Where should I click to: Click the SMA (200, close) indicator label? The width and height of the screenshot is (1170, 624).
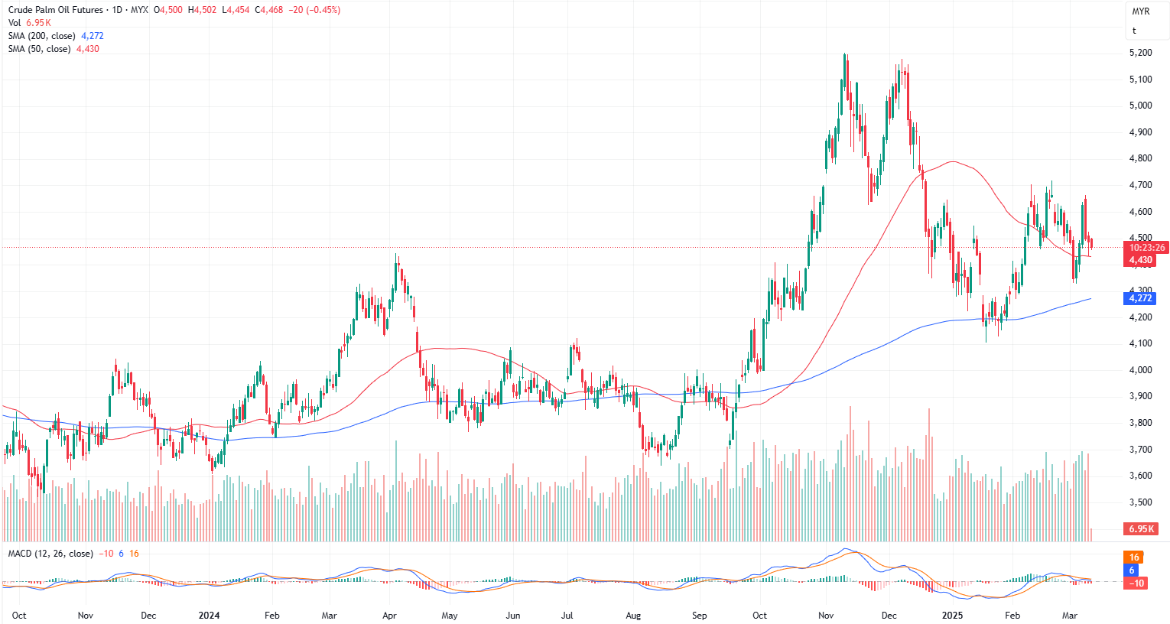pos(41,36)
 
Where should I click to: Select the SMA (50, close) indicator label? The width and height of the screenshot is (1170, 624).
pos(39,49)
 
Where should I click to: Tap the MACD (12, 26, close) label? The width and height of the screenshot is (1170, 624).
pos(50,554)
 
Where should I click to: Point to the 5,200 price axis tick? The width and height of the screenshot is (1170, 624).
pos(1140,53)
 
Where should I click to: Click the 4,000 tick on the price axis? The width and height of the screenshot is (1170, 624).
pos(1140,370)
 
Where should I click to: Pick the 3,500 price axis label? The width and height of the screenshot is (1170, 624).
pos(1140,502)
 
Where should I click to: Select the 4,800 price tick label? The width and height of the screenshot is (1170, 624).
pos(1140,158)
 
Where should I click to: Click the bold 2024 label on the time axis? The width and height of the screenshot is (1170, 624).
pos(209,616)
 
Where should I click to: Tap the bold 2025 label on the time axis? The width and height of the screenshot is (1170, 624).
pos(952,616)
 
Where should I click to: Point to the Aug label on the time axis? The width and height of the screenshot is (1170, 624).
pos(633,616)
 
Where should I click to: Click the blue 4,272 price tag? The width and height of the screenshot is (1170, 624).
pos(1140,298)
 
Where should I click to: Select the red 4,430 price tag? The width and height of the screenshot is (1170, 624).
pos(1140,260)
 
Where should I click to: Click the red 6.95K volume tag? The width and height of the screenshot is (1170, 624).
pos(1140,529)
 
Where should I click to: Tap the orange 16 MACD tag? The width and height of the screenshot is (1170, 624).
pos(1134,557)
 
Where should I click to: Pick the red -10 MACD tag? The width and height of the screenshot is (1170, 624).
pos(1136,583)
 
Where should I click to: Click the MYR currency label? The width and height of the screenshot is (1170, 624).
pos(1140,11)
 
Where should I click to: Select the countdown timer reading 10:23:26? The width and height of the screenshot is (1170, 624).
pos(1147,248)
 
